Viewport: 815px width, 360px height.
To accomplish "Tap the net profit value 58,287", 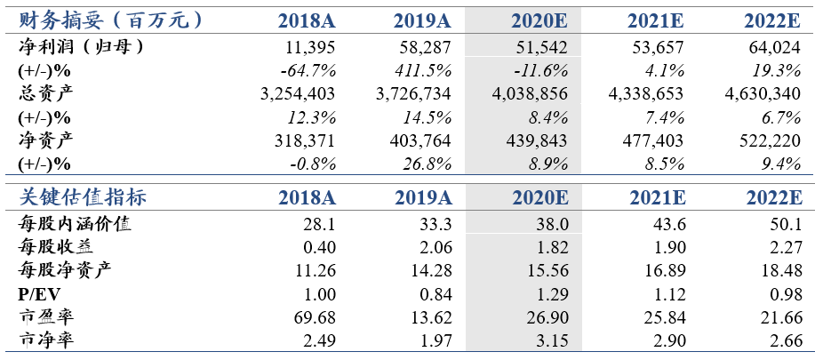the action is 421,48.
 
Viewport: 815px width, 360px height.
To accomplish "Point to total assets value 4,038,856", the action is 529,93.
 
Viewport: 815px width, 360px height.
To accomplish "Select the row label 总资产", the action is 45,93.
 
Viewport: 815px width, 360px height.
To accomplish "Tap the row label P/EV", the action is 39,294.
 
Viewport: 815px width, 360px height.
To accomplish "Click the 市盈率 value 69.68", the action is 315,316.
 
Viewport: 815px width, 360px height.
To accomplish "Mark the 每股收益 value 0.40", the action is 318,248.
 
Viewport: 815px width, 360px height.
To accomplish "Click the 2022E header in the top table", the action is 771,20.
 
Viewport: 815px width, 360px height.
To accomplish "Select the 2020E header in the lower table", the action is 540,197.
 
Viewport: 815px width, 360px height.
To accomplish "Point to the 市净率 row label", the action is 45,340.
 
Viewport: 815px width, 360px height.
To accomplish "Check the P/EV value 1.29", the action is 551,294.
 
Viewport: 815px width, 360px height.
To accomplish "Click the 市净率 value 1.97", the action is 435,340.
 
